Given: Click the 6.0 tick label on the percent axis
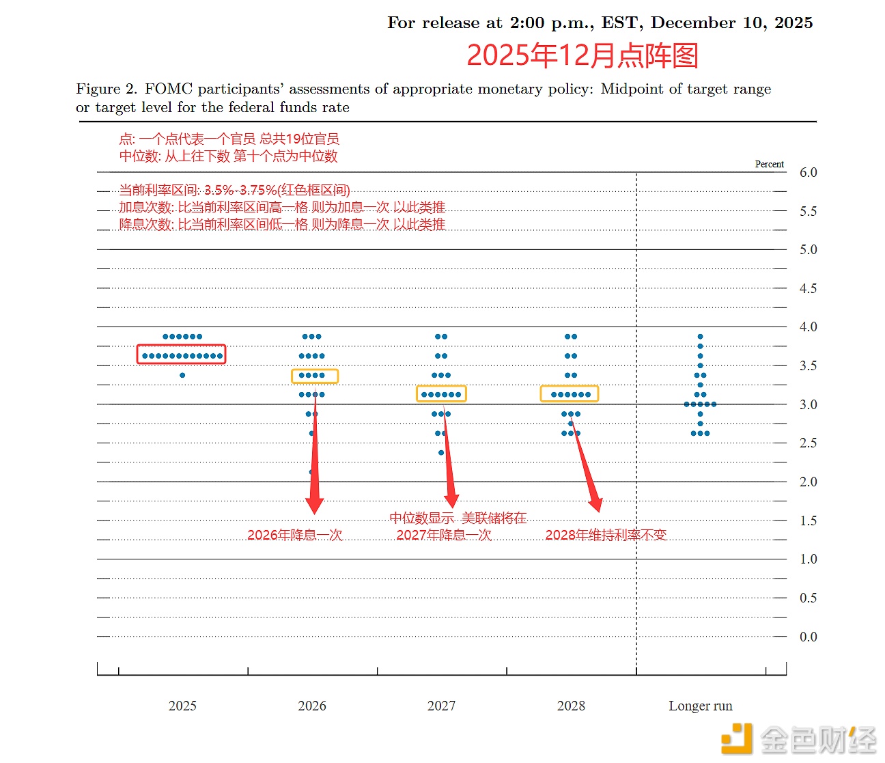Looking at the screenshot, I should pos(808,173).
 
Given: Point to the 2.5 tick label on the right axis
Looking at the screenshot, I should pos(808,443).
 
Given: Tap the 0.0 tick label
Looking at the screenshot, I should pos(808,637).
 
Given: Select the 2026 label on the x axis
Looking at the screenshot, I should pos(312,706).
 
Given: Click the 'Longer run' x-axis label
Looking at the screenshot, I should pos(700,706).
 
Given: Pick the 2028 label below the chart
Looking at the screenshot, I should pos(571,706).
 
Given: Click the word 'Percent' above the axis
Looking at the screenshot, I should pos(769,164).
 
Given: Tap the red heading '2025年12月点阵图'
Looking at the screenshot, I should pos(582,55).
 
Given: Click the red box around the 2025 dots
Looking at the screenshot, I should pos(181,354).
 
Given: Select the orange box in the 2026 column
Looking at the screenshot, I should pos(315,376).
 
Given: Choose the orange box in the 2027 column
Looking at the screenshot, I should pos(441,393).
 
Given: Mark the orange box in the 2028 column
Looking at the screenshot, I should pos(570,393).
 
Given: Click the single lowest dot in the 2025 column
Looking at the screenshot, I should pos(182,375).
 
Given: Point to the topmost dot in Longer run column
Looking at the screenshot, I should pos(700,337).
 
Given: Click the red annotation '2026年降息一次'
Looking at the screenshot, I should pos(294,535).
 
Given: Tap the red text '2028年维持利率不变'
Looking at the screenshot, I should pos(605,535).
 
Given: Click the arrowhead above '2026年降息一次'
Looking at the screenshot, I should pos(314,505).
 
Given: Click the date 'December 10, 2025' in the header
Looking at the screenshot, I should pos(731,23).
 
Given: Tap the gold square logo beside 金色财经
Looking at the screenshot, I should pos(737,739).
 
